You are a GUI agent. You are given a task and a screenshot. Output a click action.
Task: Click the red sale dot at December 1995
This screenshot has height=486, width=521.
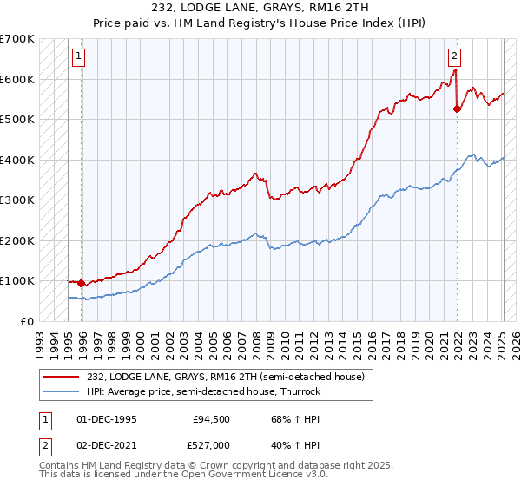82,283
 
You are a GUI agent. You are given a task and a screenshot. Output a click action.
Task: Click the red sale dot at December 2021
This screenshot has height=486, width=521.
458,108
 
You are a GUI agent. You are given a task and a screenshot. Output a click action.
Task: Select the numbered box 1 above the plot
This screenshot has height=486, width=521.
78,57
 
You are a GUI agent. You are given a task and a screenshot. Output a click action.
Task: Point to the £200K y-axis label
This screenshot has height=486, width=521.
17,240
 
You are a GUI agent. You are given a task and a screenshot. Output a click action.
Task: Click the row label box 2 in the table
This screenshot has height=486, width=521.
44,443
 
